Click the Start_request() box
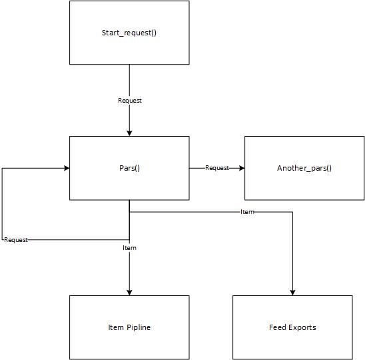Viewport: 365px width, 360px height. (129, 33)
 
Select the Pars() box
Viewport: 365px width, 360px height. (129, 168)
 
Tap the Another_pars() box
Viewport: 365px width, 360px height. (304, 168)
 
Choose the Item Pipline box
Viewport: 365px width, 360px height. (129, 327)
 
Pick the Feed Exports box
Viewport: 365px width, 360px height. (292, 327)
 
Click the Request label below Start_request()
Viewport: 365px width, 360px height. (130, 101)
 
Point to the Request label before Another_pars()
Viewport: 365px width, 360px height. (217, 168)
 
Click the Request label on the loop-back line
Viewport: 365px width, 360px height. (16, 240)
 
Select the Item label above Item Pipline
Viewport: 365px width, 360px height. (129, 248)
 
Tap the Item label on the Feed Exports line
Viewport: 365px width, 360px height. (247, 212)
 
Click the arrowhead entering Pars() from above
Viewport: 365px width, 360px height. (129, 133)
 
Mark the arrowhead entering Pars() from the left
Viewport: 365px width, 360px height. (67, 168)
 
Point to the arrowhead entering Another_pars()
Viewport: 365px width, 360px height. (242, 168)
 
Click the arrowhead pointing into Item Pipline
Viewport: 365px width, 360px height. (129, 293)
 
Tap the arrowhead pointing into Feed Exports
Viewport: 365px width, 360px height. (292, 293)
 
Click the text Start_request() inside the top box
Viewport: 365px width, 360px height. (129, 33)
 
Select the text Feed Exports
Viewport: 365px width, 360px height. (292, 327)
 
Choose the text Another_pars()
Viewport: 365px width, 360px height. (304, 168)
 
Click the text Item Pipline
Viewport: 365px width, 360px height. (129, 327)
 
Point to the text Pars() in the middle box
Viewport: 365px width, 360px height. (129, 168)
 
